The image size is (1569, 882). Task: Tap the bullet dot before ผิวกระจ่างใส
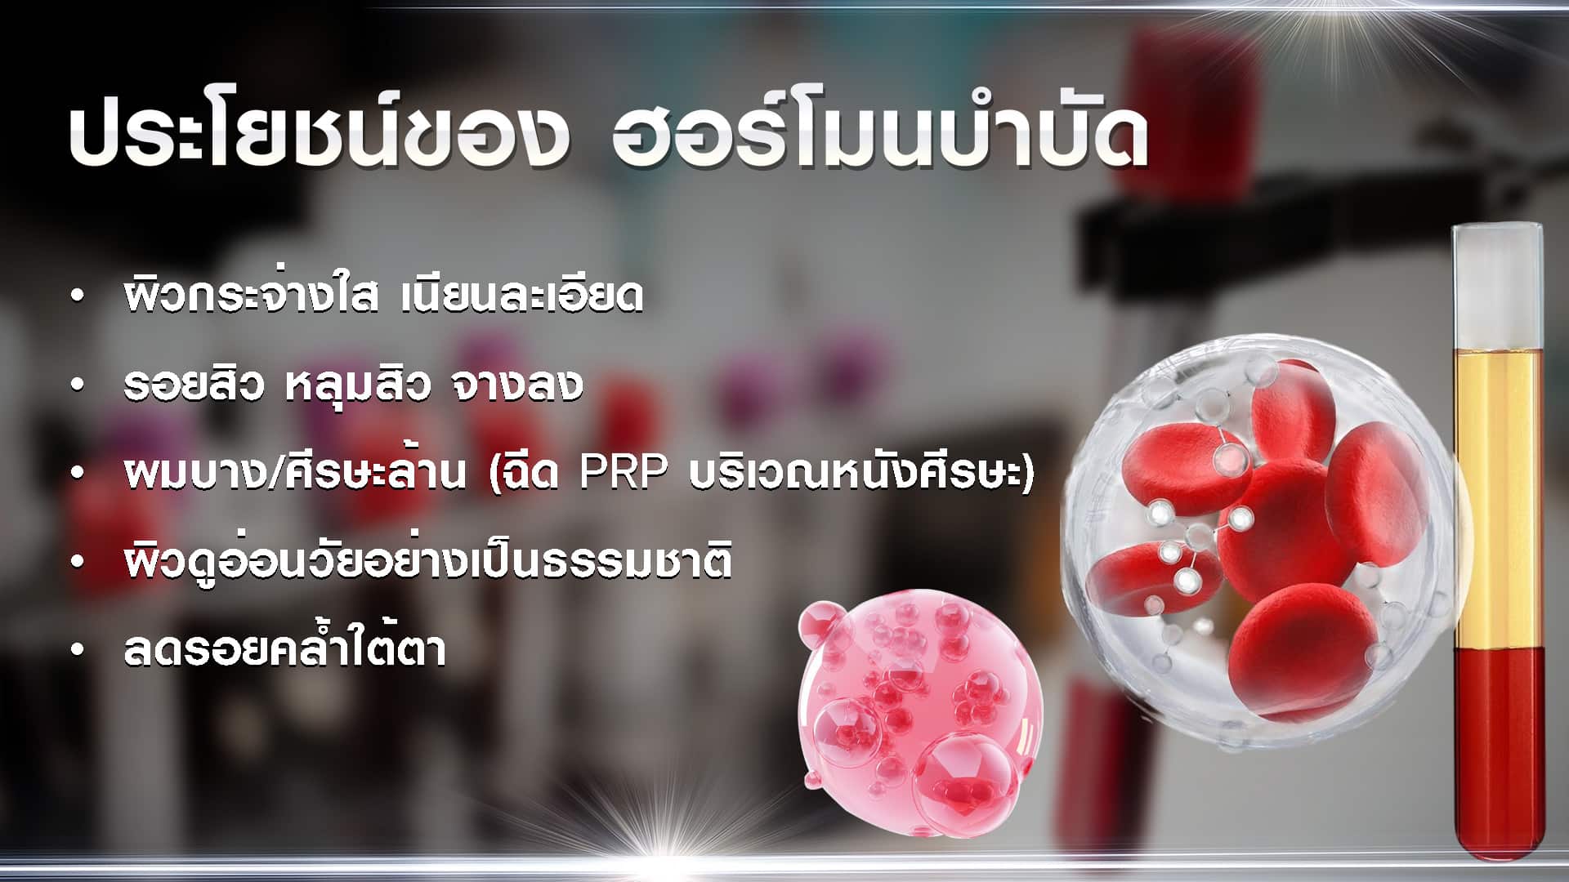(x=78, y=297)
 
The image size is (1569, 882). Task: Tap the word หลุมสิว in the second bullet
(x=357, y=385)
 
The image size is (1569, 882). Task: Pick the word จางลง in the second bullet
(x=517, y=385)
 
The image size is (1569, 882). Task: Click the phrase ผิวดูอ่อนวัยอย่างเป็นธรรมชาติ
(x=427, y=559)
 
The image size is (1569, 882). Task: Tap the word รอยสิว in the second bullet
(x=194, y=385)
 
